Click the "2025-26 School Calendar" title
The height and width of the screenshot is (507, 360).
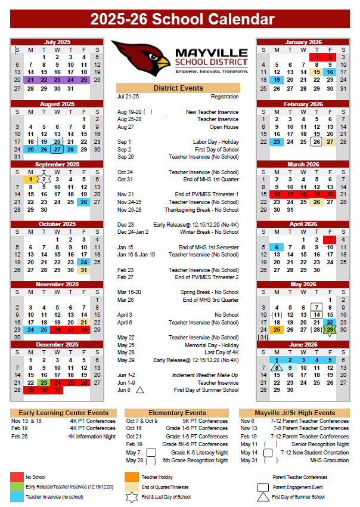click(182, 20)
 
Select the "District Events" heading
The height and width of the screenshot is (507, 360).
click(178, 88)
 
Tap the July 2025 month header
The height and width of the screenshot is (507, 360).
click(57, 42)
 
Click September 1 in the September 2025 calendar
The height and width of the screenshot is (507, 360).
click(30, 179)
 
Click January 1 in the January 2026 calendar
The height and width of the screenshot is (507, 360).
click(317, 57)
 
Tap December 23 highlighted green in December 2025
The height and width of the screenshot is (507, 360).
click(44, 382)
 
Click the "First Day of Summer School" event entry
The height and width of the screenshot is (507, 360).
click(206, 390)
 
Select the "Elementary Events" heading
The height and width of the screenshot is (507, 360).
click(178, 413)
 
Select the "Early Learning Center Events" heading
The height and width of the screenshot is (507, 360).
click(63, 413)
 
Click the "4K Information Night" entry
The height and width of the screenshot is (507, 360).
click(92, 436)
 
